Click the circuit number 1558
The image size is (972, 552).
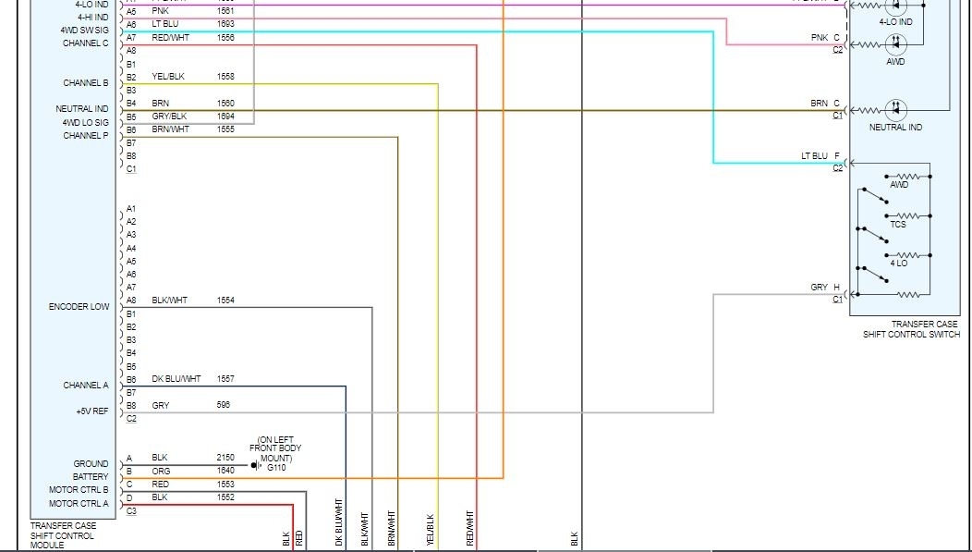coord(225,77)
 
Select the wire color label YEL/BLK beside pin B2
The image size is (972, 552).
coord(169,77)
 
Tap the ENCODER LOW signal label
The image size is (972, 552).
coord(79,307)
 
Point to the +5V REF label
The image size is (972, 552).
coord(91,411)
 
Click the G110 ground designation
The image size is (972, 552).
coord(275,469)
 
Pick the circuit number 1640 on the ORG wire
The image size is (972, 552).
coord(225,471)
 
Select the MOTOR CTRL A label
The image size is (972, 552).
coord(79,503)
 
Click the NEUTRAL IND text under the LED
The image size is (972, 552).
coord(895,128)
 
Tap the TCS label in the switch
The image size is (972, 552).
coord(897,225)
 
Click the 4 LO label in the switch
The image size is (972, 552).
coord(898,264)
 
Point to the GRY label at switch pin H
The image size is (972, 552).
coord(820,288)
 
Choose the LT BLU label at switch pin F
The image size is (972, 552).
coord(815,156)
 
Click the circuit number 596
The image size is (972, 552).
coord(224,405)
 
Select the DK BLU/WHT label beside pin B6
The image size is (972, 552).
coord(176,379)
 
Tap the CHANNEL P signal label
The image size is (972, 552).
coord(86,136)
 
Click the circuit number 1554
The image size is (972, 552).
coord(225,301)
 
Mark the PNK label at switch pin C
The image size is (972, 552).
coord(820,38)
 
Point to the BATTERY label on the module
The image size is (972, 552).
coord(91,477)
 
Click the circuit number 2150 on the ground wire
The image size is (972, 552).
coord(225,458)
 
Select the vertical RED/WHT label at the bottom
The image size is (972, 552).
coord(470,529)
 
